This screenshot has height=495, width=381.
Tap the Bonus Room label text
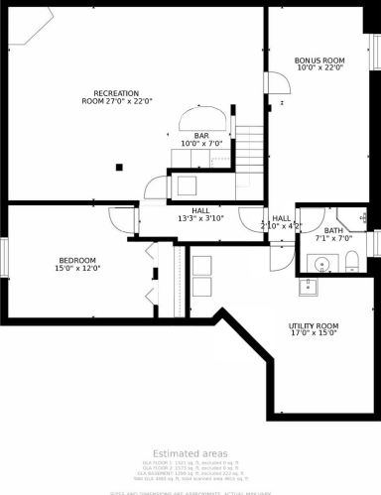(x=319, y=62)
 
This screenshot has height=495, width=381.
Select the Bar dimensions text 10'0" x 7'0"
(x=201, y=145)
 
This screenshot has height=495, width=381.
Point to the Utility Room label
(x=314, y=326)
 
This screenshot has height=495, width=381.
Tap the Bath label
(x=333, y=230)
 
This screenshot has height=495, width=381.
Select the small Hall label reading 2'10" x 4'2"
(x=281, y=222)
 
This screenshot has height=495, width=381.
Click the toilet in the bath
(x=352, y=262)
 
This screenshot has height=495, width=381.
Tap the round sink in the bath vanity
(x=319, y=263)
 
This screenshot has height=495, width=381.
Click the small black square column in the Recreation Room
(x=119, y=167)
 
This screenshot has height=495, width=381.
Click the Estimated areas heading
(x=190, y=452)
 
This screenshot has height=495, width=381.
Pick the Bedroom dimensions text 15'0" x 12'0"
(x=77, y=268)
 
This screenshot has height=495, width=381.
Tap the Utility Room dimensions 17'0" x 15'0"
(x=314, y=334)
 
